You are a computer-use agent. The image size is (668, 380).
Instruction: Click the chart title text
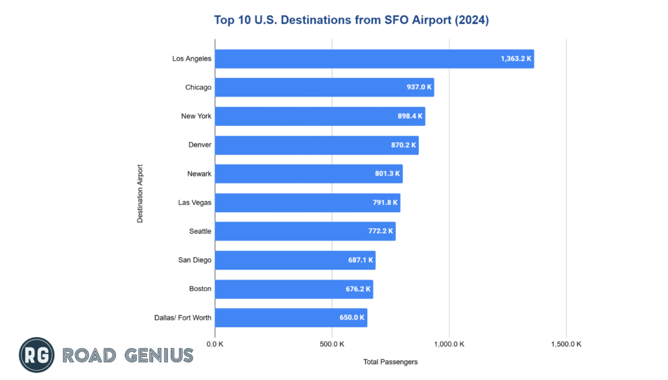tap(351, 20)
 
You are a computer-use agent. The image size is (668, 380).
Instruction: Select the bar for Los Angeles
tap(374, 59)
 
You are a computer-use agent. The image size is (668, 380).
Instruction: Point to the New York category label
tap(196, 116)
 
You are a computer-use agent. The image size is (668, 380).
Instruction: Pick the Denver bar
tap(316, 145)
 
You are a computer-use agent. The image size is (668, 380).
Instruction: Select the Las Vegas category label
tap(194, 202)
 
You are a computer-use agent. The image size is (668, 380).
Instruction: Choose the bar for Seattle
tap(305, 231)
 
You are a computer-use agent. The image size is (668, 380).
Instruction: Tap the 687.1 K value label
tap(361, 260)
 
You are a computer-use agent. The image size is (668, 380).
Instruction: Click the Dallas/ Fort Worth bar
tap(291, 317)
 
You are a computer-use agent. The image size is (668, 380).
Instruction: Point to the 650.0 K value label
tap(352, 317)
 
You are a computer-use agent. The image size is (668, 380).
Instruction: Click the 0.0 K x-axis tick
tap(215, 344)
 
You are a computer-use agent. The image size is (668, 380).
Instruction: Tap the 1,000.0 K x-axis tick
tap(449, 344)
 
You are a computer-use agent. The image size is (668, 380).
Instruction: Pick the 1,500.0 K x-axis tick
tap(566, 344)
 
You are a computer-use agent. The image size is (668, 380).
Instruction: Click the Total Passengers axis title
tap(390, 361)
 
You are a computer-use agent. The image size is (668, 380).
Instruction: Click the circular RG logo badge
tap(37, 355)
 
